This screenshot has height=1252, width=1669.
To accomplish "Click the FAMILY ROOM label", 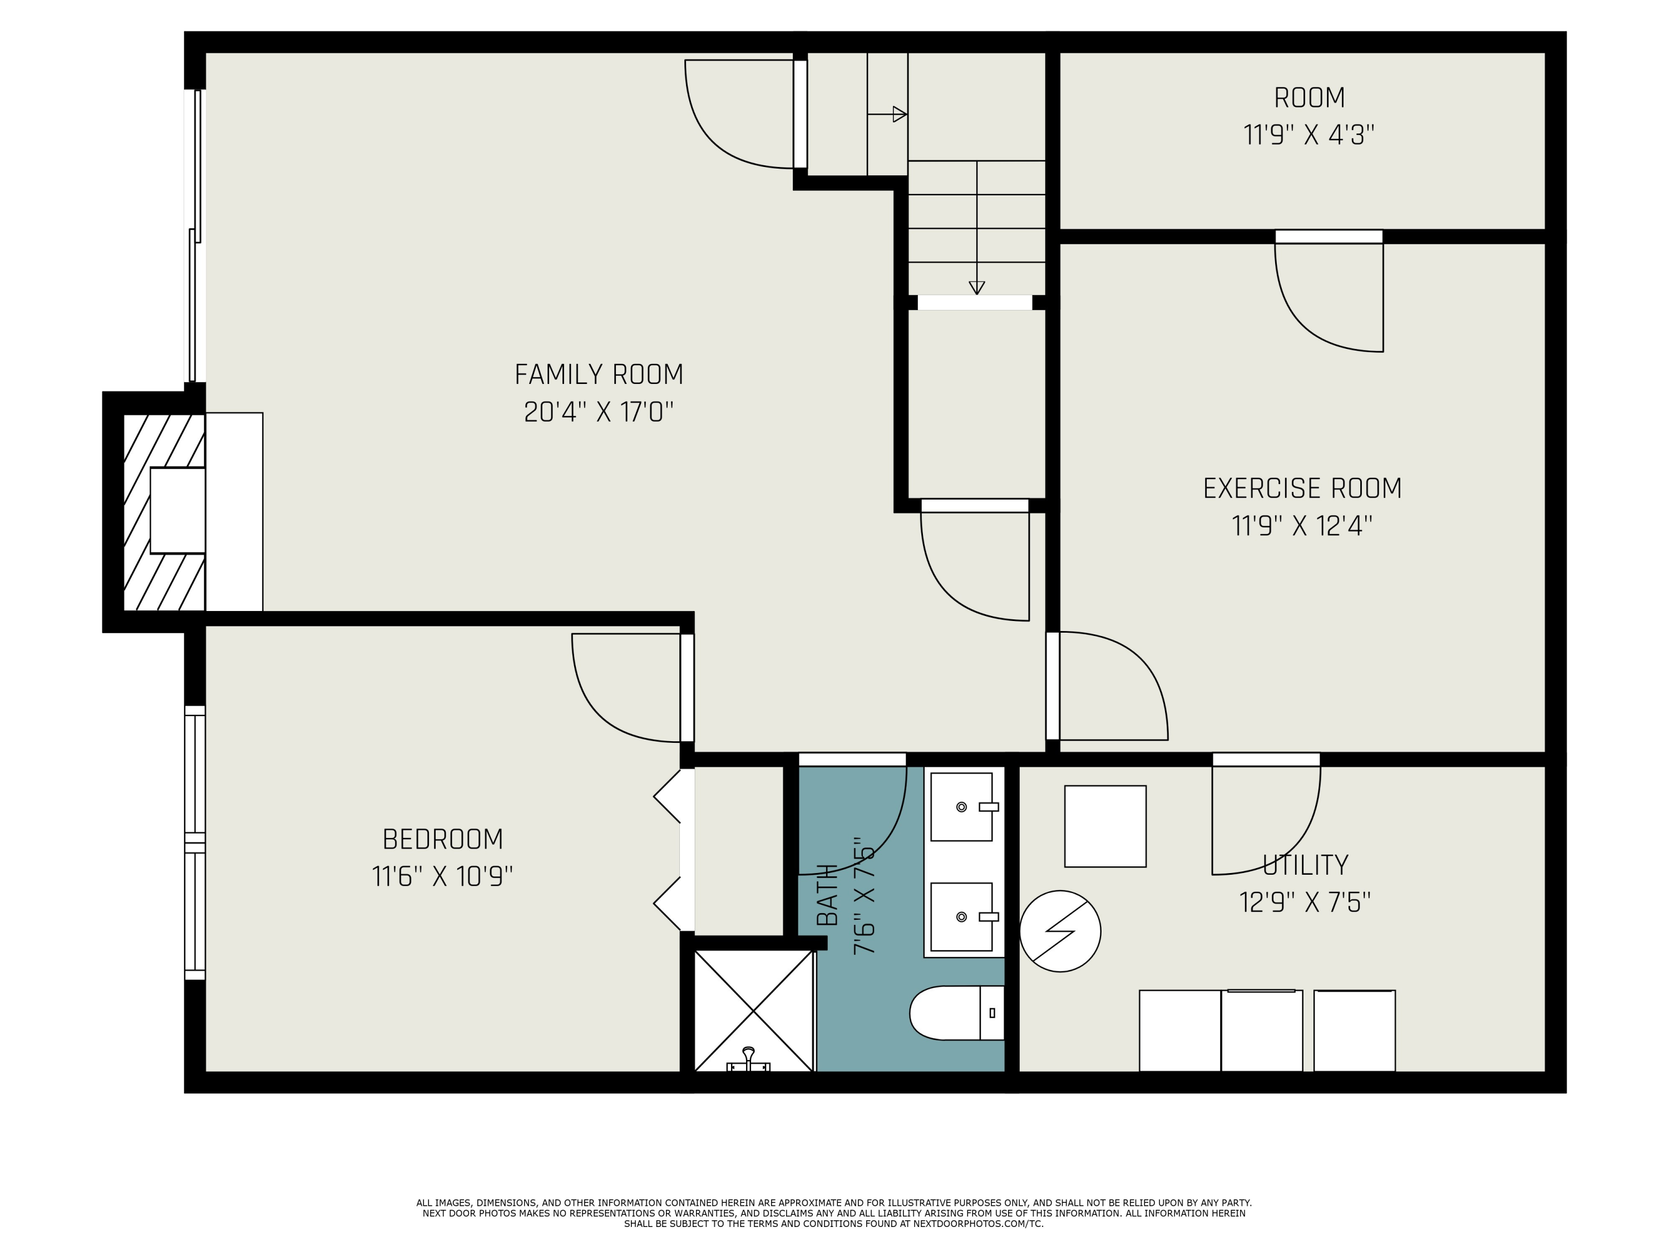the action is click(x=598, y=374).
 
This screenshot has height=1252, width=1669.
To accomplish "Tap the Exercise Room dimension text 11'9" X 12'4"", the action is click(x=1302, y=525).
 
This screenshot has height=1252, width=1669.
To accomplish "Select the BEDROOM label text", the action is click(x=442, y=839).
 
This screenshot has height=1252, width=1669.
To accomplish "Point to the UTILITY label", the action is click(x=1305, y=865).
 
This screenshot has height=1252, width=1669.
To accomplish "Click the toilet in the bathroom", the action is click(x=957, y=1013).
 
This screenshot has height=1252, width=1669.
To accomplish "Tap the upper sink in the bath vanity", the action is click(x=963, y=807).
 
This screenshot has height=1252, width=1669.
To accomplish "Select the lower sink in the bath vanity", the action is click(x=963, y=917).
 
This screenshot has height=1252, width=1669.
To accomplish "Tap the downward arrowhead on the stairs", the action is click(x=976, y=288).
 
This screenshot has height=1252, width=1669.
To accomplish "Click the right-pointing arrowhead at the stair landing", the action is click(x=900, y=115).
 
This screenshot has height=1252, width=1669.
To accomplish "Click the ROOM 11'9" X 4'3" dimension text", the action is click(x=1308, y=135).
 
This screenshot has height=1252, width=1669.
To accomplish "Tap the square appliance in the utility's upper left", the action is click(x=1105, y=826).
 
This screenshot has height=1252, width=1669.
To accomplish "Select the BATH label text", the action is click(x=828, y=895).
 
